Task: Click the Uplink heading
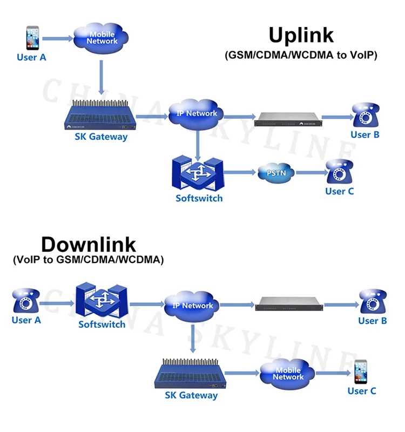(x=301, y=35)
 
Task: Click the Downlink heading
(x=89, y=244)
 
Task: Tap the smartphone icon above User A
(x=33, y=38)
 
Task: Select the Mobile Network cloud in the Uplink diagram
(x=102, y=37)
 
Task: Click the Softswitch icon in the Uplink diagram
(x=198, y=173)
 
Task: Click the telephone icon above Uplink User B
(x=364, y=115)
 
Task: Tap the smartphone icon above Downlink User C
(x=361, y=372)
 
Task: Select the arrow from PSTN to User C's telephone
(x=311, y=173)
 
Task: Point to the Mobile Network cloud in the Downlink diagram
(x=288, y=374)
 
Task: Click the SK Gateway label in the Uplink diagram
(x=101, y=137)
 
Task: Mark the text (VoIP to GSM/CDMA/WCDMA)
(x=88, y=260)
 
